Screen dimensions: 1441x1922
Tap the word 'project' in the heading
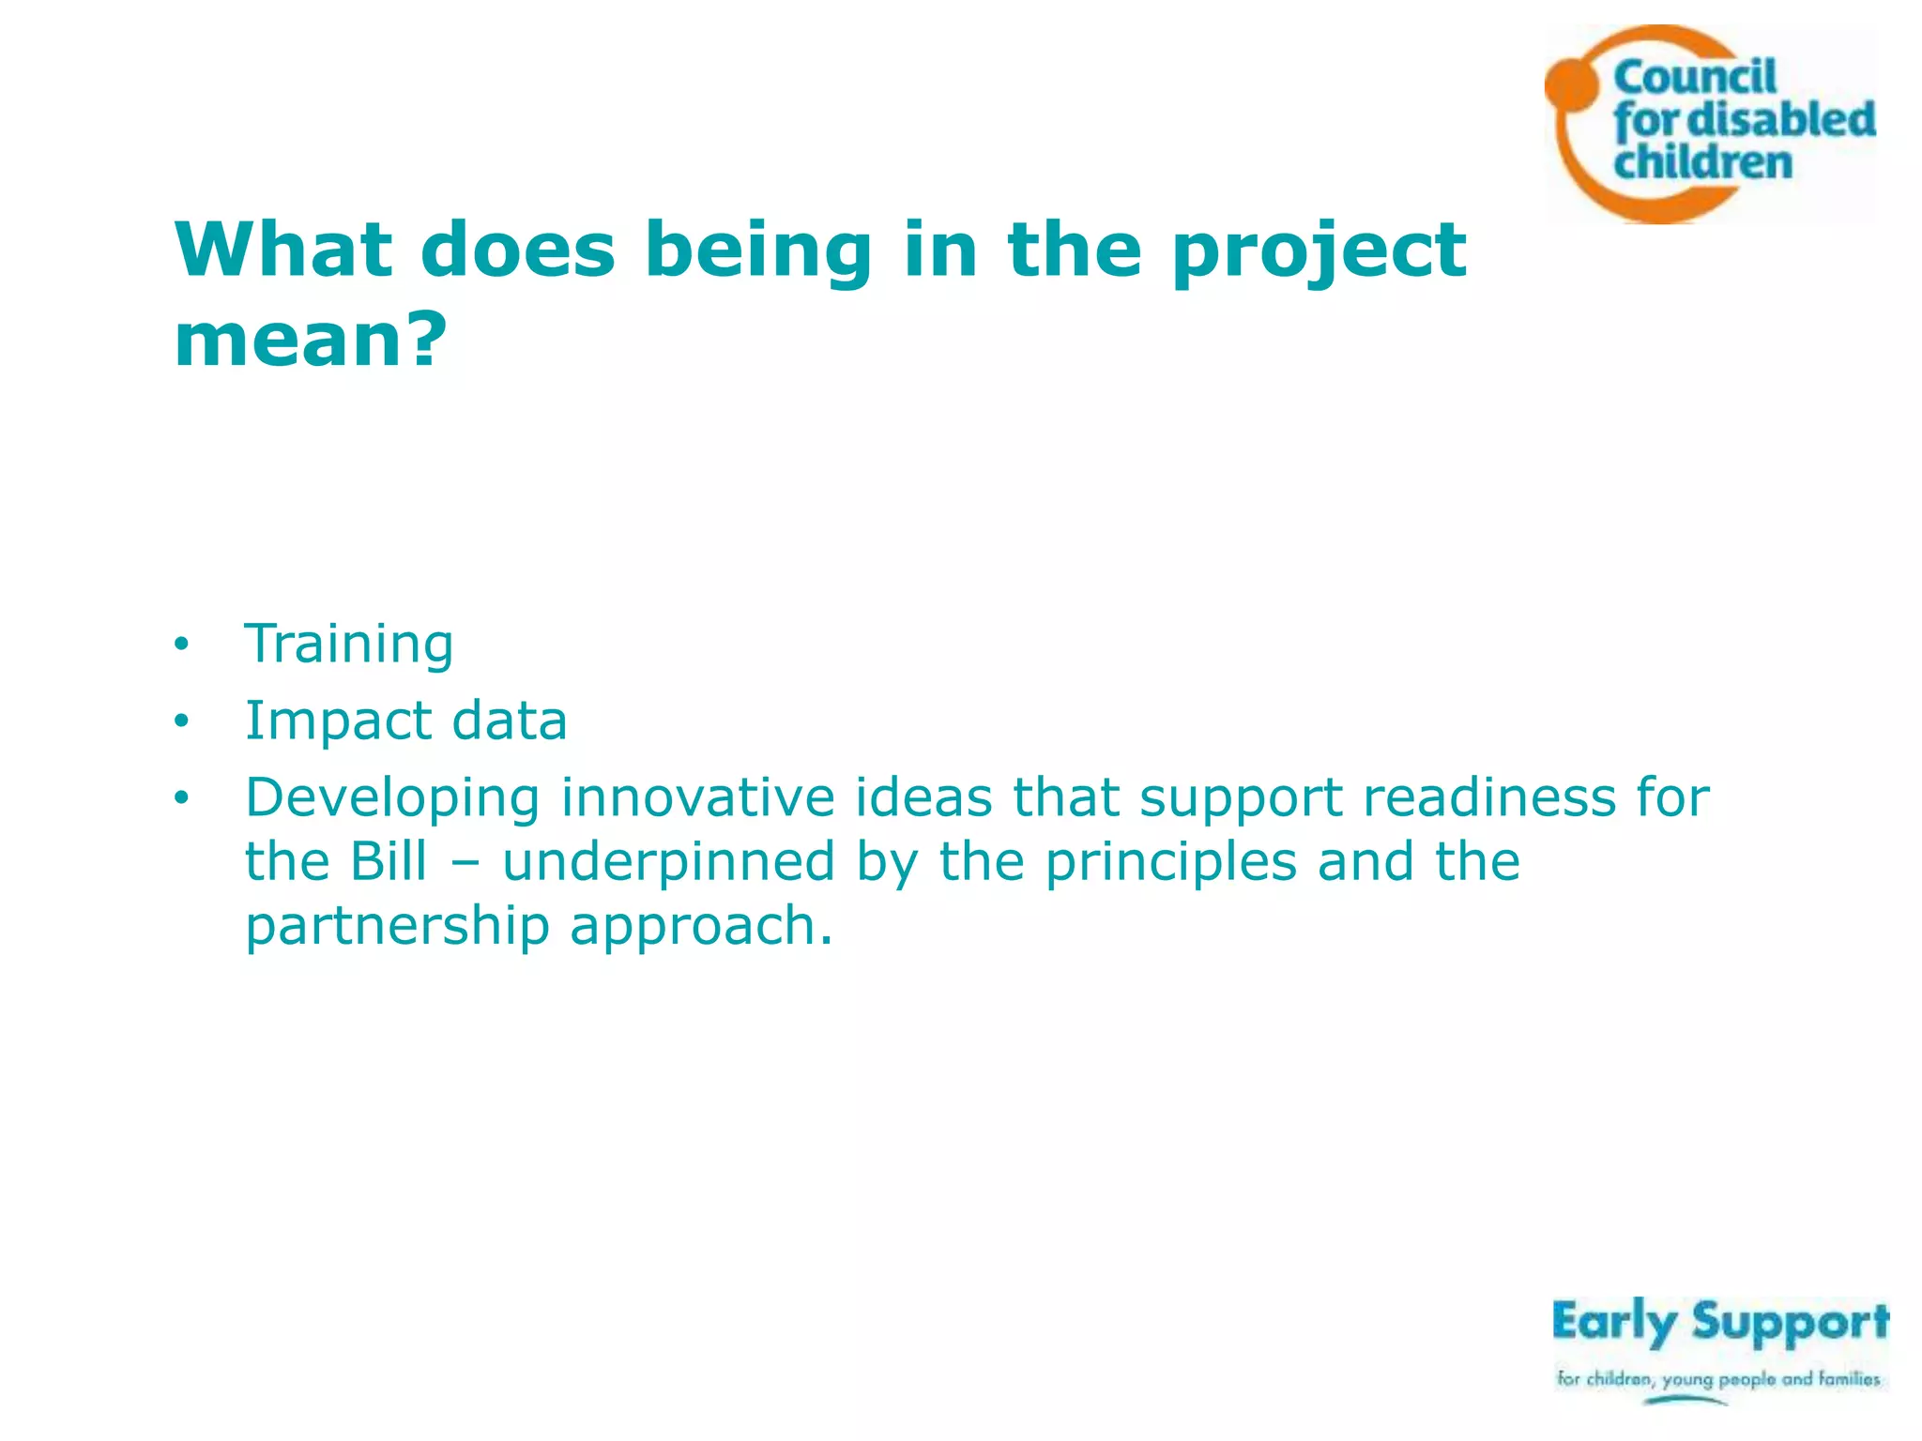1319,251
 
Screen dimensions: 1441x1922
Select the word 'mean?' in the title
311,340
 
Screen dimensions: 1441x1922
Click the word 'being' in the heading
758,251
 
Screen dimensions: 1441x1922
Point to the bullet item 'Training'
349,645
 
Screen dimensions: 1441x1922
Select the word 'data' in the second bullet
510,720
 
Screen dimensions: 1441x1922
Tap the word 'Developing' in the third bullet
392,799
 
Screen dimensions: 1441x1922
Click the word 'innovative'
697,797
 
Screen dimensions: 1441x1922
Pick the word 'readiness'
1489,797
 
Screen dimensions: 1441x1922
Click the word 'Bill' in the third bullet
389,861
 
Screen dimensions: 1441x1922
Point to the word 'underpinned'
668,863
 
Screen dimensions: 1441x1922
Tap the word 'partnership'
397,927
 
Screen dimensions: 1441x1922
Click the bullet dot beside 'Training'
181,645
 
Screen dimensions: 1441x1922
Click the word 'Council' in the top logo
1695,77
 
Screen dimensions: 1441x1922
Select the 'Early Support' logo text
1719,1323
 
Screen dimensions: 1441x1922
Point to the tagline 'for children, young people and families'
1718,1379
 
